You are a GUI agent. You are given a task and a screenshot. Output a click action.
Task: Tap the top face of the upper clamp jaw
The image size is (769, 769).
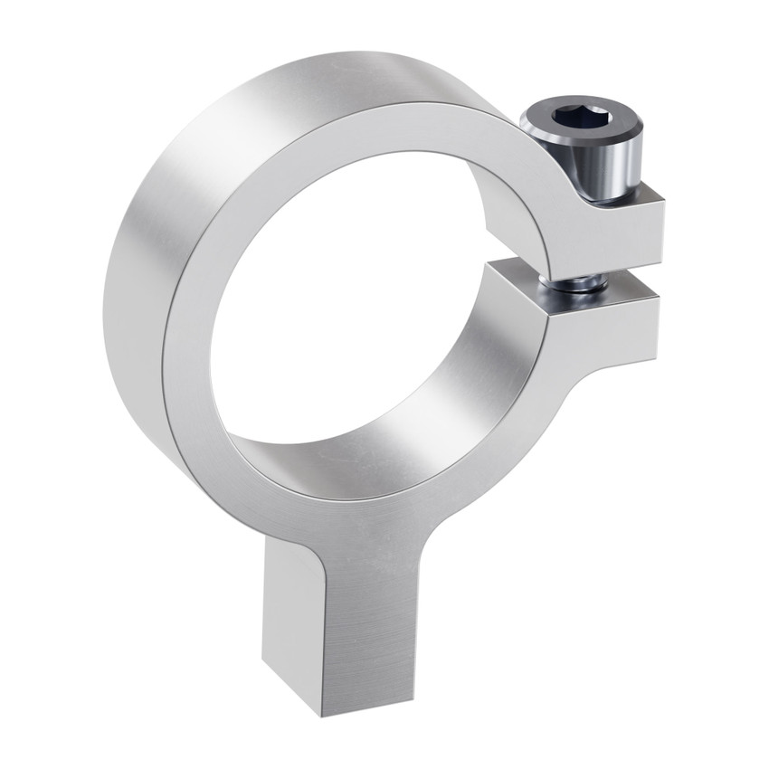point(624,191)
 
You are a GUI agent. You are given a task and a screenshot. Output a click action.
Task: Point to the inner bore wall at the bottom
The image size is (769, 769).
point(362,452)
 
